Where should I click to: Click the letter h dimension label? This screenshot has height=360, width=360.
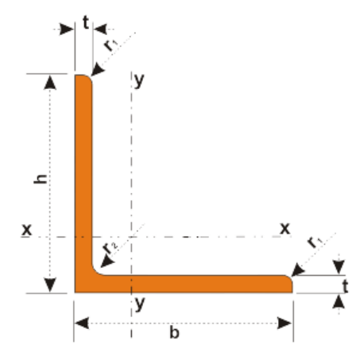click(x=41, y=179)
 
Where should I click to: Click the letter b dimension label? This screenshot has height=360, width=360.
click(x=174, y=332)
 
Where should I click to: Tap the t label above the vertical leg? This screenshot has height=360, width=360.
click(x=86, y=22)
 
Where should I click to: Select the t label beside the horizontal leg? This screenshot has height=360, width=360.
click(x=345, y=286)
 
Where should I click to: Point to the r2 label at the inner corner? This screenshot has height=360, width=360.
click(x=110, y=248)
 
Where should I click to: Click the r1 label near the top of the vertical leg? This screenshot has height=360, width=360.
click(x=110, y=45)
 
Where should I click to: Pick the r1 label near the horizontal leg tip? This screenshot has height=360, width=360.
click(x=315, y=242)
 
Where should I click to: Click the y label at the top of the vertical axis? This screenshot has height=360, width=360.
click(x=139, y=80)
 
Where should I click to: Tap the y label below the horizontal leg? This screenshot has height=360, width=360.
click(x=140, y=304)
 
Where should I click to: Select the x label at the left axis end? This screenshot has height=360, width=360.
click(x=26, y=230)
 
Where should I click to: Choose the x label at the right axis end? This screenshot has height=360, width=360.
click(x=285, y=228)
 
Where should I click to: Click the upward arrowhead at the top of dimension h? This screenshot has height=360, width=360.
click(x=50, y=82)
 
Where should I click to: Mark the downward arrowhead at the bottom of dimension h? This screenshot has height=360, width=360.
click(x=50, y=285)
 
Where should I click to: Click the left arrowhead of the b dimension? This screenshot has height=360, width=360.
click(x=82, y=323)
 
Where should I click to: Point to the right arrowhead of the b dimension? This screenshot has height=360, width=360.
click(x=285, y=323)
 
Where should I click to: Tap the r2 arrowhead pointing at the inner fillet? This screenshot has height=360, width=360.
click(x=107, y=261)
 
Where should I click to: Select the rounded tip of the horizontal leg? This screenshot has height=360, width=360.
click(x=289, y=279)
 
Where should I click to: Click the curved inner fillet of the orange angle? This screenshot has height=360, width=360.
click(x=95, y=272)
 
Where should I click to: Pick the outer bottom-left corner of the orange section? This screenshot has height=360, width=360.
click(x=75, y=292)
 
